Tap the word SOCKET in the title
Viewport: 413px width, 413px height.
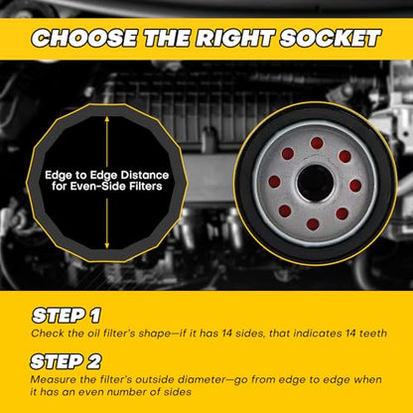[331, 38]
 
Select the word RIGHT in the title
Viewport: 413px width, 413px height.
[234, 38]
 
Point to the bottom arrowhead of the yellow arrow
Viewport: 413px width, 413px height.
[106, 245]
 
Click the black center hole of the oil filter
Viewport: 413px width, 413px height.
[315, 183]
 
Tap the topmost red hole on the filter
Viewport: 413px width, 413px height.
[317, 143]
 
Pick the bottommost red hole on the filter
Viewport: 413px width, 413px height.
[313, 224]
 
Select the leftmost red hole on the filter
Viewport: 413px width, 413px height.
[274, 182]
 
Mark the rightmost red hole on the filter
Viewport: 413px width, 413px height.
[355, 186]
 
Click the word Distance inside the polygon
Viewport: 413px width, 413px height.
[144, 175]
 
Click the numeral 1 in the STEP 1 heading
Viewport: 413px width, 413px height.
[94, 316]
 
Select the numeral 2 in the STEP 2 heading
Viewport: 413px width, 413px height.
[93, 361]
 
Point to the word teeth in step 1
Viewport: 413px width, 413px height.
[373, 333]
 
